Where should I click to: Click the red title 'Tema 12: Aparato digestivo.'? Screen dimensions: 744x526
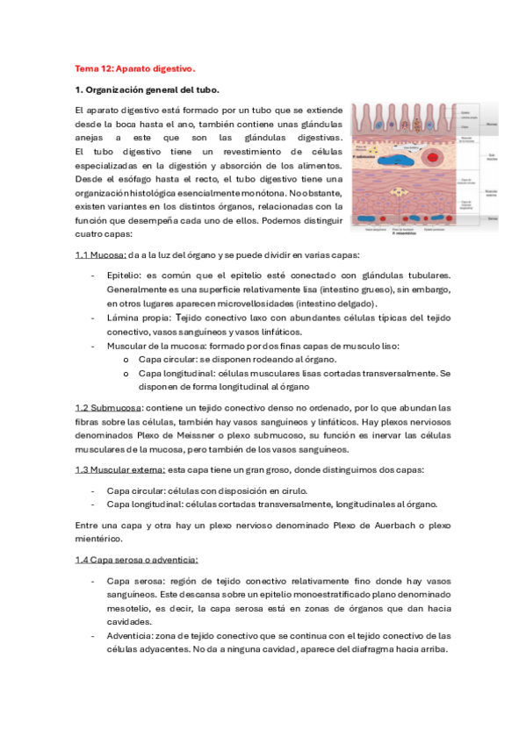point(134,68)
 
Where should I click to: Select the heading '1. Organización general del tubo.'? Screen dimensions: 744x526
point(148,89)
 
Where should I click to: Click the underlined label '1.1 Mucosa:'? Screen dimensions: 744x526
point(100,255)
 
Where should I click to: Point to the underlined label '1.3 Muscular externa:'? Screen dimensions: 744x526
point(119,469)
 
